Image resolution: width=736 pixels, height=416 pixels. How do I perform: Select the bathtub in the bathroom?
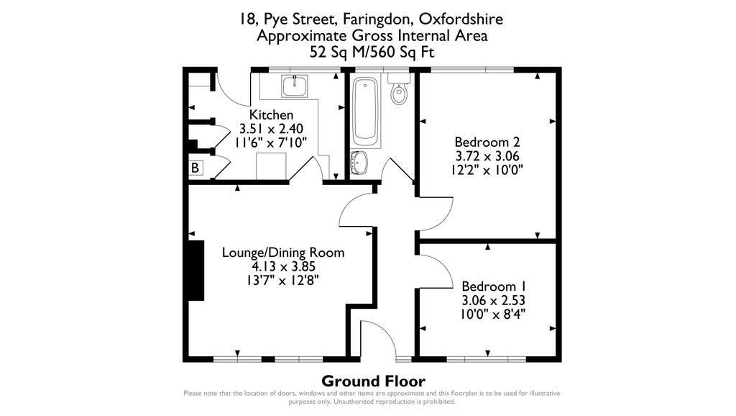click(367, 110)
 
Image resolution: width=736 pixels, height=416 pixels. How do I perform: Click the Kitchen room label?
click(271, 115)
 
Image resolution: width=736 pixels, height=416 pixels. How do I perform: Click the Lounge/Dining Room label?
click(283, 253)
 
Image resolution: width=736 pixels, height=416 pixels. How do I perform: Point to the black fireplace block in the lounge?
click(194, 270)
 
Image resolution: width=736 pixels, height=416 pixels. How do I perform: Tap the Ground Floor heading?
click(373, 381)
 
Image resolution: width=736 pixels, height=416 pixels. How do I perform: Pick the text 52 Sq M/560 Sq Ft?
click(372, 52)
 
